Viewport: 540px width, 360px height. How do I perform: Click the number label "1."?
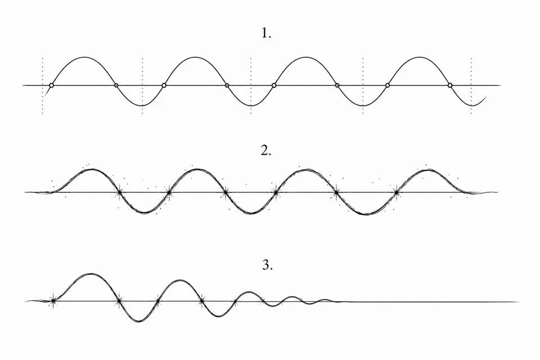pos(266,33)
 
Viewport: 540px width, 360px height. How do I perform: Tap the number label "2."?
pos(266,151)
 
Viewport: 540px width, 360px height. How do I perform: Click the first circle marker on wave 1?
pos(52,85)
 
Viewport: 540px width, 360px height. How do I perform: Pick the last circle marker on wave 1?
pos(450,85)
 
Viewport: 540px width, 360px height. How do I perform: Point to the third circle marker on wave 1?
pos(164,85)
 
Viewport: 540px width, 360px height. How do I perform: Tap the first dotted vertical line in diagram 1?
pos(42,85)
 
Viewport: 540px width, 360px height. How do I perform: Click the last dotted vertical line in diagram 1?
pos(471,85)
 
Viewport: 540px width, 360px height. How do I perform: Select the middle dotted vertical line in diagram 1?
pos(251,85)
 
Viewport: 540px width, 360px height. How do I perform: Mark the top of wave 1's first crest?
pos(85,57)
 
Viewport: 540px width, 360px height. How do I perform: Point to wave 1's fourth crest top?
pos(418,57)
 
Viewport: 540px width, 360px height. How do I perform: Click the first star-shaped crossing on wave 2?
pos(119,192)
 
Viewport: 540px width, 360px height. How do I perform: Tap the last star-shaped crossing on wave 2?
pos(397,192)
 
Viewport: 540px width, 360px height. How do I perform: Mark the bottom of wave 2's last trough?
pos(366,214)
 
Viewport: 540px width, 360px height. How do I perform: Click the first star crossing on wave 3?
pos(53,301)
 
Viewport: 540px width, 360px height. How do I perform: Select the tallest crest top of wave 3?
pos(90,274)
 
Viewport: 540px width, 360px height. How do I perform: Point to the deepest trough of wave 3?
pos(138,321)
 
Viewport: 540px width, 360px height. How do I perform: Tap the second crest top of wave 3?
pos(179,280)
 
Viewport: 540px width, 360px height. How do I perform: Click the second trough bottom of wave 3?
pos(217,316)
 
